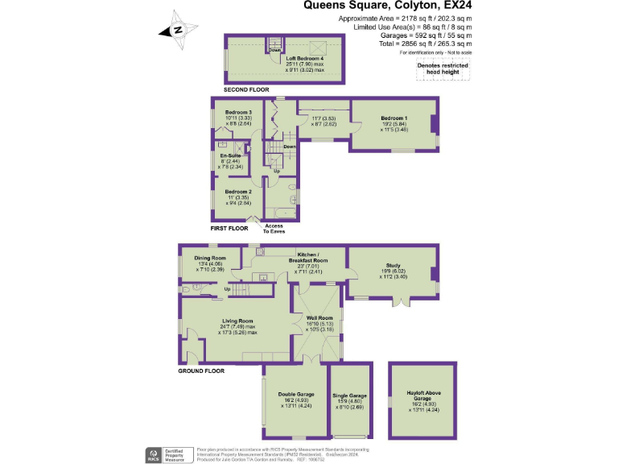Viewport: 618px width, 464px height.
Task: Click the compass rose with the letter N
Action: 179,30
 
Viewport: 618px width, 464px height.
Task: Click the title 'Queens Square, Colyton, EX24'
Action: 387,5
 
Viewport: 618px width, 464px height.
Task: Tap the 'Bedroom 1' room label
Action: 394,118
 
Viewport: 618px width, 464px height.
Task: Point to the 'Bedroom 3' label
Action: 238,112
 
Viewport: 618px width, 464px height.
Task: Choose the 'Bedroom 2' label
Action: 238,193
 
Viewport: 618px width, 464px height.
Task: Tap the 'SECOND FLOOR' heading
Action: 246,89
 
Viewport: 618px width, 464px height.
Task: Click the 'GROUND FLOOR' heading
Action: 200,371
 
